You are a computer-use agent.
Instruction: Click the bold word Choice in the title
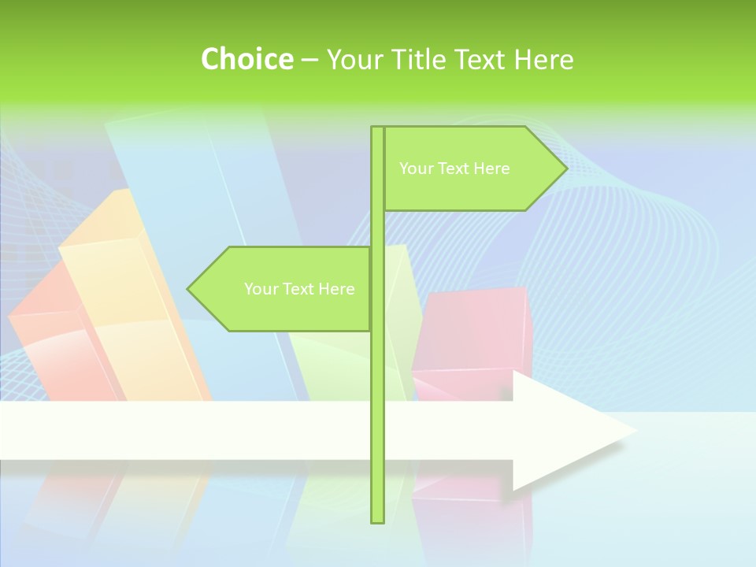[x=246, y=59]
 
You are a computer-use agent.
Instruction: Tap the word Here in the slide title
[x=543, y=59]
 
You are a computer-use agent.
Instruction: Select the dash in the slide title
[x=309, y=60]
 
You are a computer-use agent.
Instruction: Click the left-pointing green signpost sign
[x=283, y=289]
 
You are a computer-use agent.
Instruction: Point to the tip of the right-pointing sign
[x=565, y=169]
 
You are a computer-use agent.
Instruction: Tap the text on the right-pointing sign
[x=454, y=169]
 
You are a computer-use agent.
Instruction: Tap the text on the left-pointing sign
[x=299, y=289]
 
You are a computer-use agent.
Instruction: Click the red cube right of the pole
[x=472, y=331]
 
